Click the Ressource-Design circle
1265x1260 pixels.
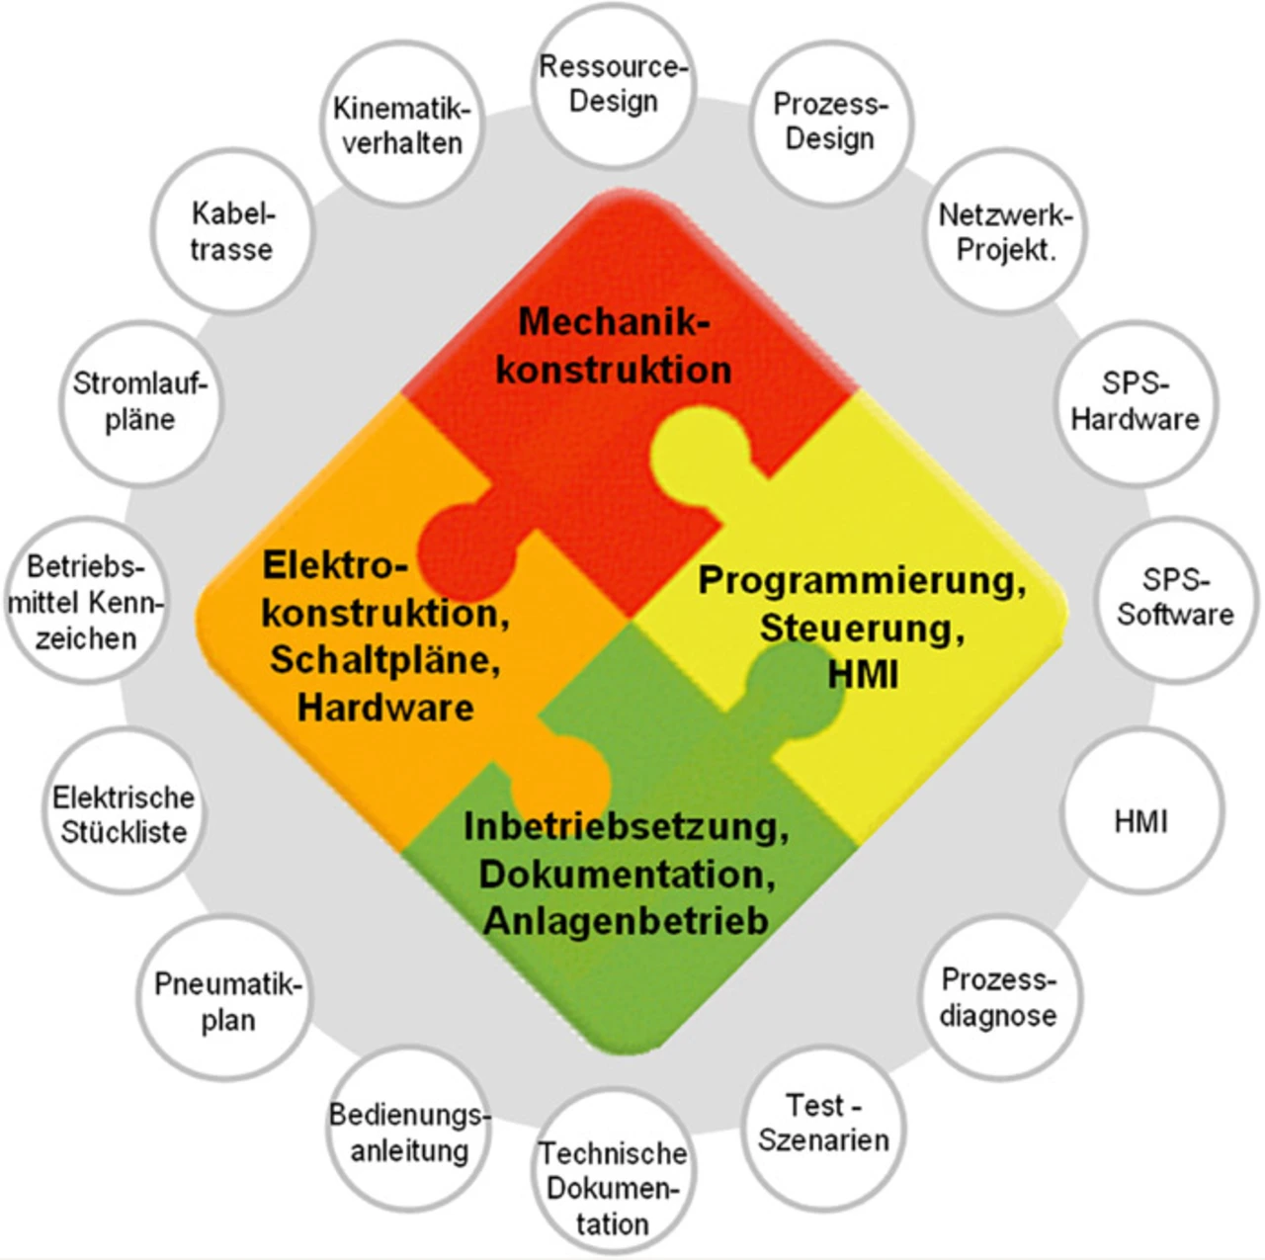(x=613, y=85)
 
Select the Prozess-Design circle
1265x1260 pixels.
(x=830, y=122)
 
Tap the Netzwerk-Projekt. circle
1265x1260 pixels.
(x=1005, y=232)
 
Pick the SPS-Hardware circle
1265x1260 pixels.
(x=1135, y=402)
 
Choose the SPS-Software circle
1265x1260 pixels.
(x=1176, y=598)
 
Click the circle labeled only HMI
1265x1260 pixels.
(x=1141, y=820)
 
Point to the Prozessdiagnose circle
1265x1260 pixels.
(x=998, y=997)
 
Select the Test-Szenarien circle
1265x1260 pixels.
(x=823, y=1125)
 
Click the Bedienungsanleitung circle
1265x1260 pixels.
(x=409, y=1133)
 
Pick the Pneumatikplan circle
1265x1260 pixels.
(x=227, y=1001)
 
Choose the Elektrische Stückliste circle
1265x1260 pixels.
(x=124, y=814)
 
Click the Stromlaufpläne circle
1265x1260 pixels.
(x=140, y=402)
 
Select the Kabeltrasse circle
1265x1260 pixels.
(x=232, y=231)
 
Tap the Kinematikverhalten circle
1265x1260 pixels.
(x=402, y=126)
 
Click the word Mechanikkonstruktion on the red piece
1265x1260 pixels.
(x=614, y=346)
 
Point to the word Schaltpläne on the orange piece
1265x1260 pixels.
(x=385, y=659)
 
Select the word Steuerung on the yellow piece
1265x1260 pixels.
(x=860, y=628)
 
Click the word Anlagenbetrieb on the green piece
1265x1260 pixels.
(x=626, y=921)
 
